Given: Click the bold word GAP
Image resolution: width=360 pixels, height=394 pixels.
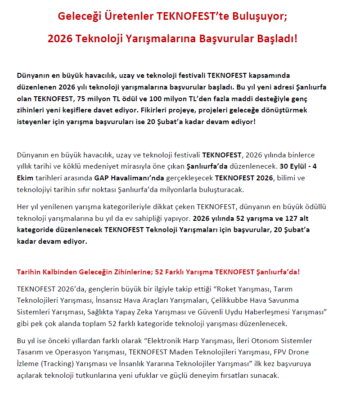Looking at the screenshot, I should pyautogui.click(x=101, y=178).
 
